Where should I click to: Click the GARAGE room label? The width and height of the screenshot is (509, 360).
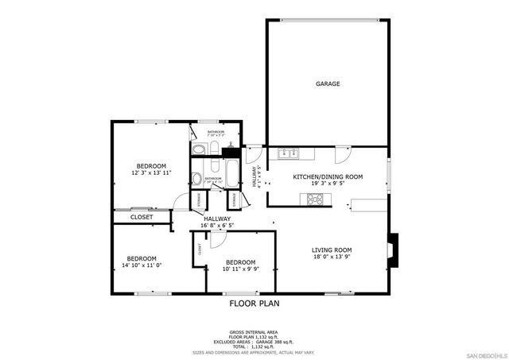pyautogui.click(x=328, y=83)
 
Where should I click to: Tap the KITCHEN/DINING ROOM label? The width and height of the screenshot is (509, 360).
pyautogui.click(x=328, y=176)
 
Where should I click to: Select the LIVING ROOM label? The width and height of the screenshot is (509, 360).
pyautogui.click(x=331, y=250)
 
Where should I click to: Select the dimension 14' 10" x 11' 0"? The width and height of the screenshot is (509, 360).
pyautogui.click(x=142, y=265)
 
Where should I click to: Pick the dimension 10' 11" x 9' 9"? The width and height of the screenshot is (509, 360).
pyautogui.click(x=240, y=269)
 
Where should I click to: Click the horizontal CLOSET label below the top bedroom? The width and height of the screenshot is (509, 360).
pyautogui.click(x=142, y=216)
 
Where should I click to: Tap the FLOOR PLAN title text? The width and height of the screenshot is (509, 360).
pyautogui.click(x=254, y=303)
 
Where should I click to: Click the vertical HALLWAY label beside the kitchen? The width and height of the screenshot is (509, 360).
pyautogui.click(x=254, y=175)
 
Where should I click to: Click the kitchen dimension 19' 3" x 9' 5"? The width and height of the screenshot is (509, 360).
pyautogui.click(x=328, y=183)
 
